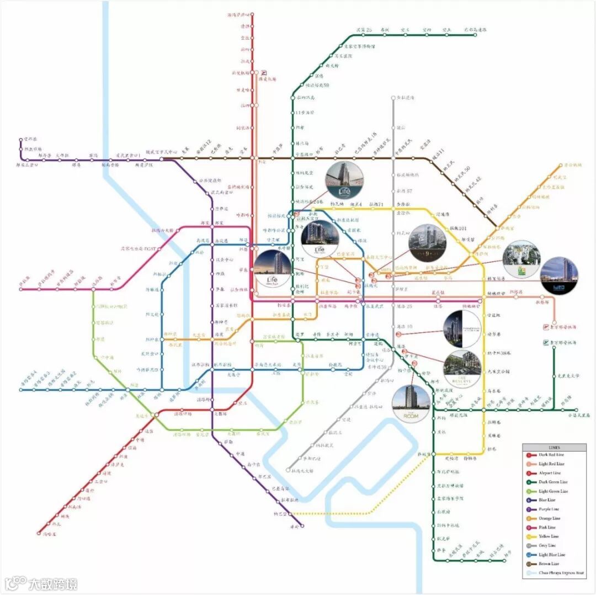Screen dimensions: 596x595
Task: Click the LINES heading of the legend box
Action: pyautogui.click(x=554, y=446)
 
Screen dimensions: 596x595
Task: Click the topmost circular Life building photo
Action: pyautogui.click(x=344, y=180)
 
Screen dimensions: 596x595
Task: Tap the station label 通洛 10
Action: pyautogui.click(x=405, y=327)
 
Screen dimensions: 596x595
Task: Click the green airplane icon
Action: pyautogui.click(x=544, y=343)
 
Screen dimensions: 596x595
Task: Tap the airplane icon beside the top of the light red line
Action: pyautogui.click(x=264, y=72)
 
